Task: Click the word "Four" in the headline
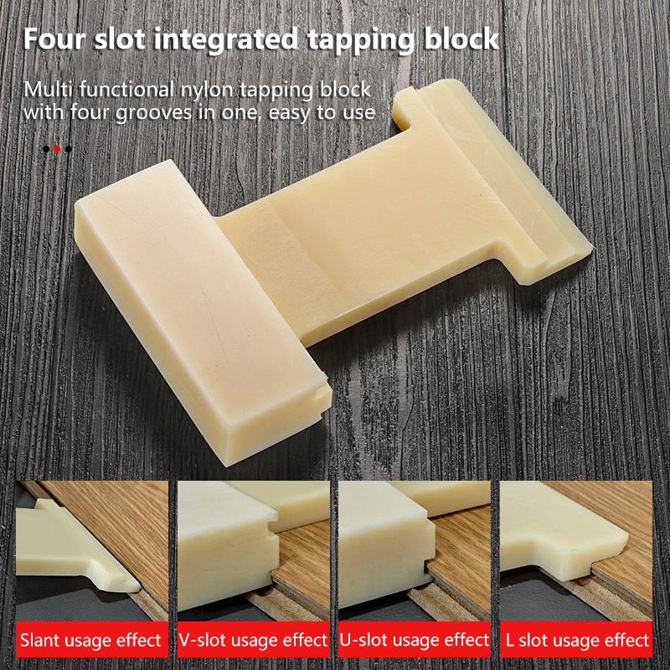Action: click(x=54, y=39)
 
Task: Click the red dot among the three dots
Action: click(x=57, y=149)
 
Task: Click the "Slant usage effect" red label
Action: click(x=92, y=640)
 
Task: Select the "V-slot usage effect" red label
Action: click(x=254, y=640)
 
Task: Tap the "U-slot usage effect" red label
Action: click(x=415, y=640)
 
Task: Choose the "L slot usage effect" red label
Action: click(x=576, y=640)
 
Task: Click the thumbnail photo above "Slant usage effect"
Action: click(x=92, y=551)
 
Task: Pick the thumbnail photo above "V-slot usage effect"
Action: click(x=254, y=551)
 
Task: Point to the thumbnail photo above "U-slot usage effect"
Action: click(x=415, y=551)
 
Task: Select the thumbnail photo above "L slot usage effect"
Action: click(x=576, y=551)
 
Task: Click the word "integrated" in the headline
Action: click(x=225, y=39)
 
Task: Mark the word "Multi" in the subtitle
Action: click(x=49, y=90)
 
